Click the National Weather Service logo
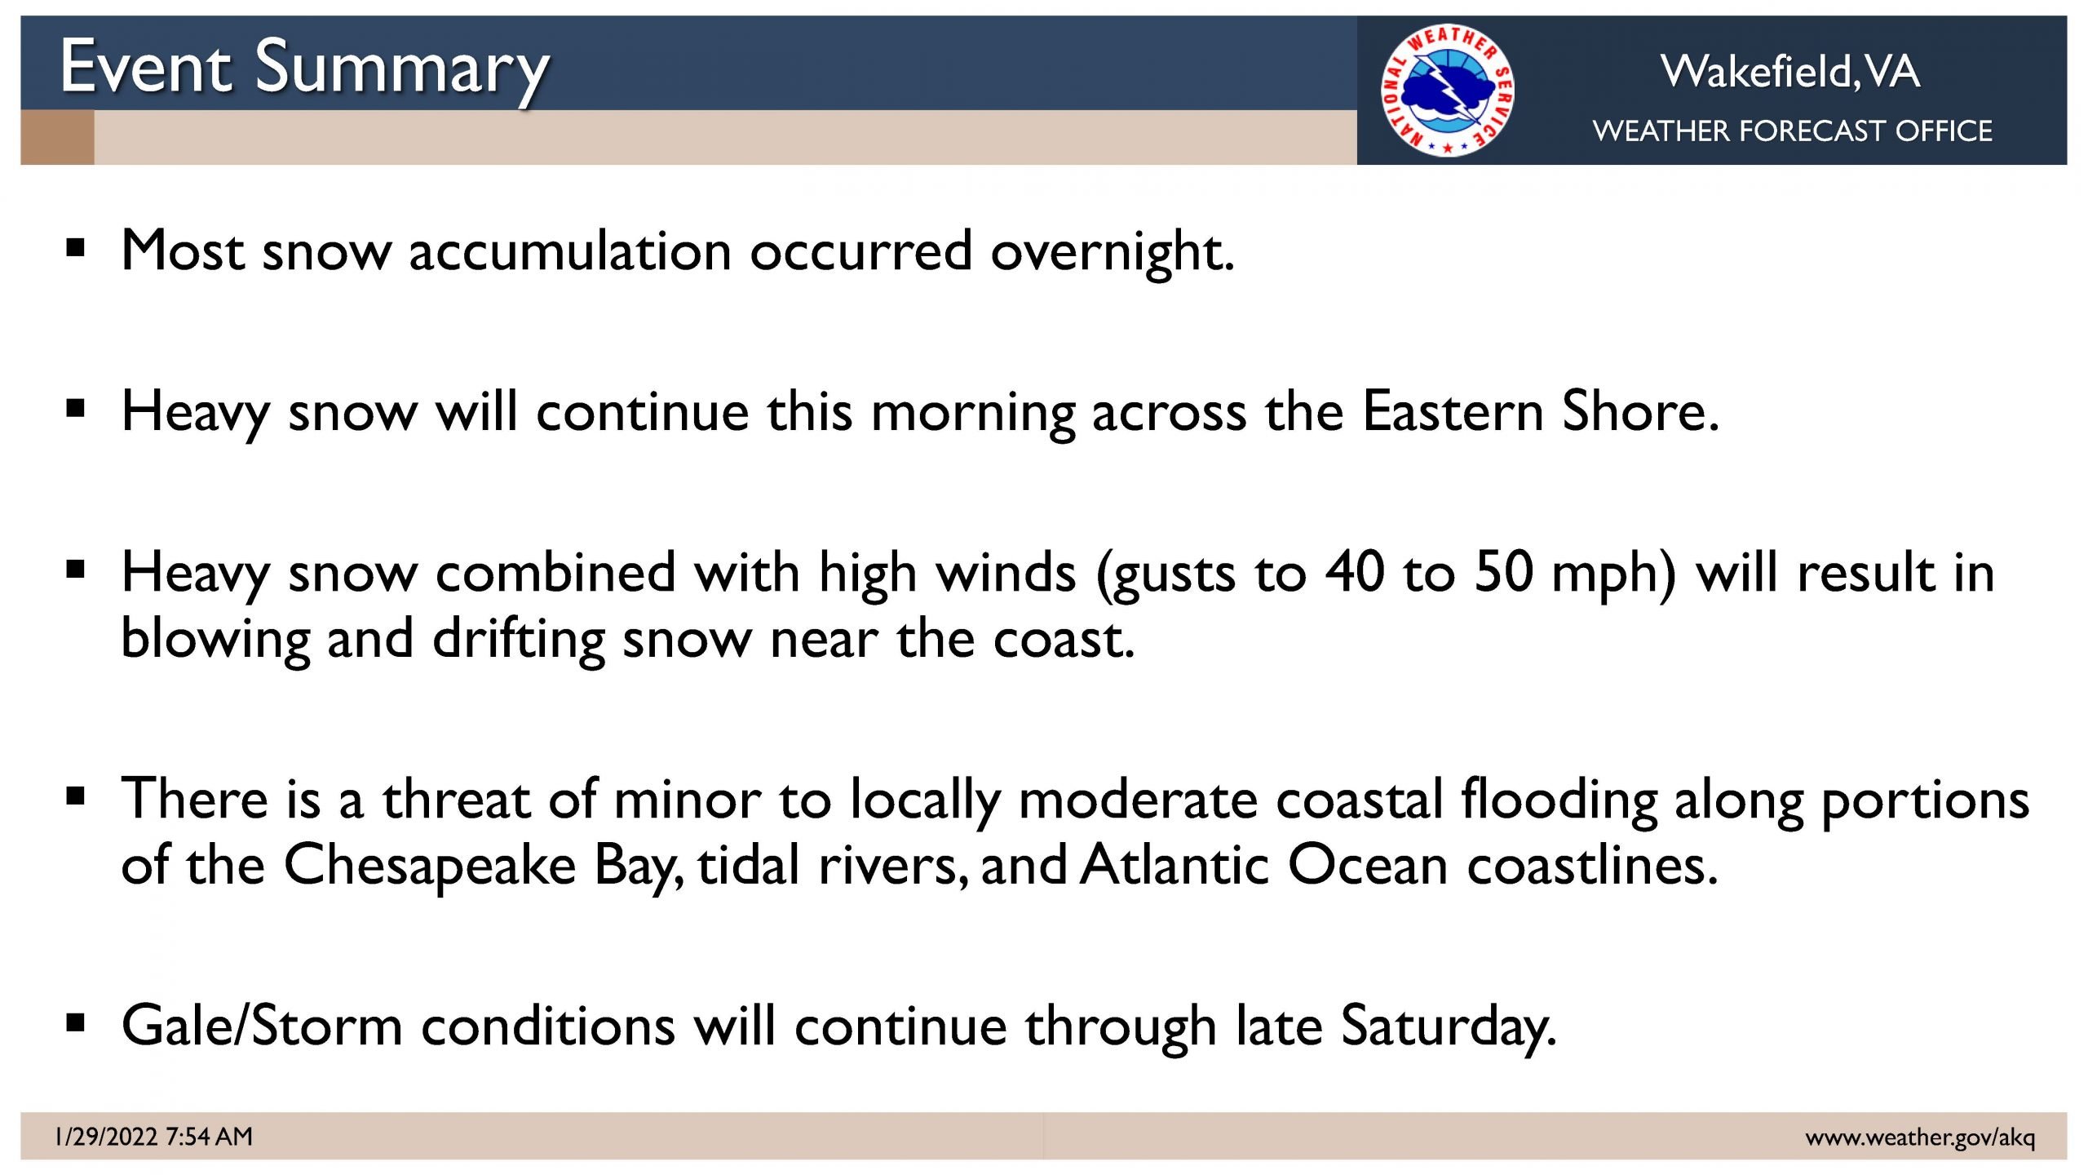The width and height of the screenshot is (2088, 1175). point(1448,90)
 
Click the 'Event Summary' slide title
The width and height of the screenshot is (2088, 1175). point(305,69)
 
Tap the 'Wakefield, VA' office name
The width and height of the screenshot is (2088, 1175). point(1790,71)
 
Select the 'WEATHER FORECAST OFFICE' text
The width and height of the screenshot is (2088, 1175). point(1792,131)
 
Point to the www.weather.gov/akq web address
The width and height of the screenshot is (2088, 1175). point(1920,1137)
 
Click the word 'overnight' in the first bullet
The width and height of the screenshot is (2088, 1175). point(1113,251)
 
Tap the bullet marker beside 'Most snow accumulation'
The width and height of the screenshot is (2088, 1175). point(75,247)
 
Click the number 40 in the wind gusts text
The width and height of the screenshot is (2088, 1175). point(1355,571)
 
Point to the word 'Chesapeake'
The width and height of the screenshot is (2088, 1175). point(430,867)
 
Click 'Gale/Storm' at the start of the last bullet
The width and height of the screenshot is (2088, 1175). point(262,1025)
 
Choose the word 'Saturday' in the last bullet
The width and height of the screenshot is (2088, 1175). point(1449,1027)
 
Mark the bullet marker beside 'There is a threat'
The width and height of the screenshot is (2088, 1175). point(75,795)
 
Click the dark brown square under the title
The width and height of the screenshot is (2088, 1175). point(57,137)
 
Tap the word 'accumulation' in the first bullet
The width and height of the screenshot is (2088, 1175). point(570,251)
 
